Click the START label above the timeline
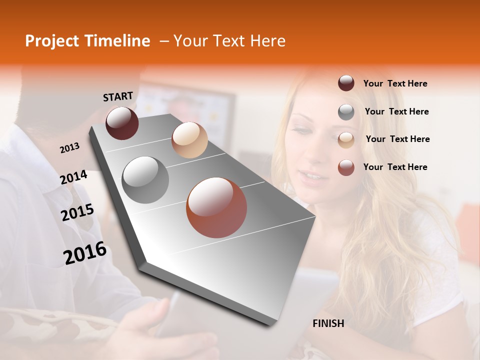118,96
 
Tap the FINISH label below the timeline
328,323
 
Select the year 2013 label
69,148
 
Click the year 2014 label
73,177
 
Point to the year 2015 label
77,212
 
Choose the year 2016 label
85,252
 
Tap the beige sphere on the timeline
189,140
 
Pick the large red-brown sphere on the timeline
216,207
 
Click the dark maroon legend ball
346,83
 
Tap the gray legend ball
346,112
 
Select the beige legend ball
346,139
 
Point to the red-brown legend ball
346,167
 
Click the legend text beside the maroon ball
395,83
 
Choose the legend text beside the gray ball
396,111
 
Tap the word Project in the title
52,41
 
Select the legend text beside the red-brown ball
395,167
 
